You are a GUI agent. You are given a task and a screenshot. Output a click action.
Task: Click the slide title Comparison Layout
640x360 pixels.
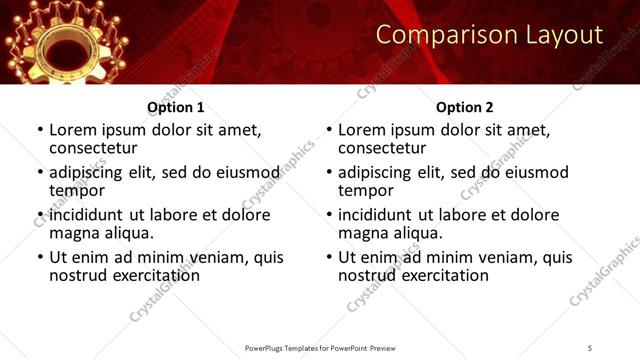click(x=489, y=36)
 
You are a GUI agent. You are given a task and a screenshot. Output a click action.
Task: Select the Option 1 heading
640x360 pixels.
click(x=176, y=107)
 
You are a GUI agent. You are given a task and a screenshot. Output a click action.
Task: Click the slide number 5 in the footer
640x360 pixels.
click(x=589, y=347)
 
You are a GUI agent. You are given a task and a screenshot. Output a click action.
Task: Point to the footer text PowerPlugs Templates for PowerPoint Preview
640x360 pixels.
click(x=320, y=347)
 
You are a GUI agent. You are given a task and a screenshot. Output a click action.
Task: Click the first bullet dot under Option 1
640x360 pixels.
click(x=40, y=131)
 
